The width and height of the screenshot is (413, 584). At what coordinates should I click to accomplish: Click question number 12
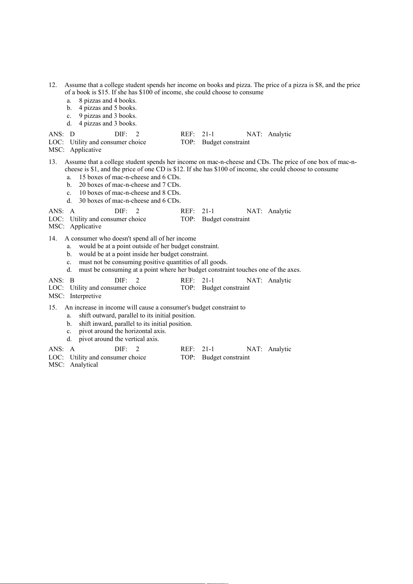52,85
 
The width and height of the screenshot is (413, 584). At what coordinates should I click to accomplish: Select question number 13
52,162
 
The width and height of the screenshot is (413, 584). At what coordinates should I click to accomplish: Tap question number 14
52,238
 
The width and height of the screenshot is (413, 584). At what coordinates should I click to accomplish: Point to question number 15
52,307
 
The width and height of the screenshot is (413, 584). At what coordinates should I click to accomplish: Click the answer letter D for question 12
72,134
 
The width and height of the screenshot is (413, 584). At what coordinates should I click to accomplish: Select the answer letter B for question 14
72,280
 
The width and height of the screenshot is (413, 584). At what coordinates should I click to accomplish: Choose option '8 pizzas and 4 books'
107,101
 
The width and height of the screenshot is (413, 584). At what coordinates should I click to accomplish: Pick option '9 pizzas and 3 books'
107,116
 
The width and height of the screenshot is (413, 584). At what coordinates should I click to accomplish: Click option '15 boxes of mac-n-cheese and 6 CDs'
130,177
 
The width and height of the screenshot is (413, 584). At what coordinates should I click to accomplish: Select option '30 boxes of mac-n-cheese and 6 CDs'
130,201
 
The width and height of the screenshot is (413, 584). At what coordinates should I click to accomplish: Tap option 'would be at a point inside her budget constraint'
144,254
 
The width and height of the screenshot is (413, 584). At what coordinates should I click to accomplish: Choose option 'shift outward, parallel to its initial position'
137,315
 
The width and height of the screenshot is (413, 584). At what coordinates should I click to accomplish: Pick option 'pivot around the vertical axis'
119,339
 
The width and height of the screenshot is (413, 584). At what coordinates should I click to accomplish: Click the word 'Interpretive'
86,296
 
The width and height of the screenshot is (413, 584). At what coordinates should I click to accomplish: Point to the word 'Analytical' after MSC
84,365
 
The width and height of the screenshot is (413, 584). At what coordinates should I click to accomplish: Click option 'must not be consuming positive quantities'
153,262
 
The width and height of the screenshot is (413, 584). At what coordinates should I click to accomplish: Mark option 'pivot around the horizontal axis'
122,331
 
